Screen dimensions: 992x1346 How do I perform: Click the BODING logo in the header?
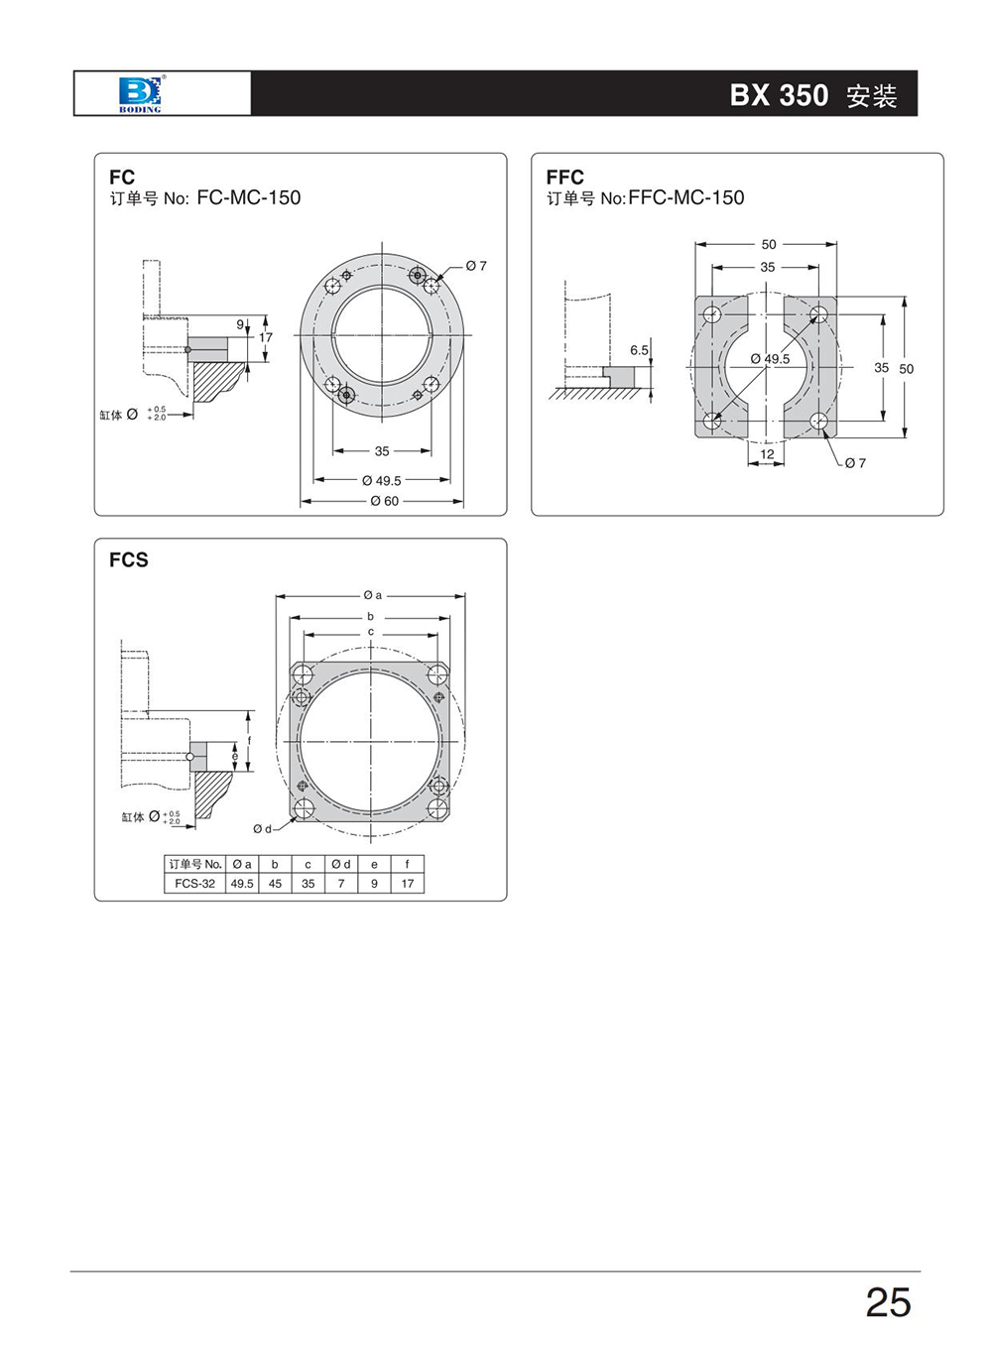pyautogui.click(x=140, y=94)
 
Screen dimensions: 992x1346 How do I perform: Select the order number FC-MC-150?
pyautogui.click(x=249, y=197)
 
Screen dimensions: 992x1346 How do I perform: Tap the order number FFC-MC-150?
pyautogui.click(x=686, y=197)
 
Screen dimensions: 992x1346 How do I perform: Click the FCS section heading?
pyautogui.click(x=129, y=560)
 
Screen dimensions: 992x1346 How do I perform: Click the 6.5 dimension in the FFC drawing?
pyautogui.click(x=639, y=350)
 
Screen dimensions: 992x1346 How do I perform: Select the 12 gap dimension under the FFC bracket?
pyautogui.click(x=767, y=454)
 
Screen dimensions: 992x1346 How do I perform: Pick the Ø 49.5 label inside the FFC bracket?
pyautogui.click(x=770, y=359)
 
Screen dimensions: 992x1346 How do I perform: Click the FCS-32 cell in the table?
pyautogui.click(x=194, y=884)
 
